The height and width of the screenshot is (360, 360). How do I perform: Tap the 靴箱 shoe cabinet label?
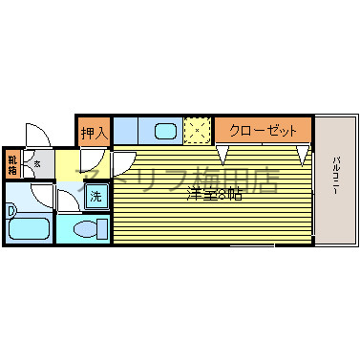point(12,164)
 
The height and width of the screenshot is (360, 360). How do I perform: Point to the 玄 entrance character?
point(37,163)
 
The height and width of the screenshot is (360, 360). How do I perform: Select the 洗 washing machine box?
point(96,197)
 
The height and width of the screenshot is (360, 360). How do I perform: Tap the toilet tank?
point(104,228)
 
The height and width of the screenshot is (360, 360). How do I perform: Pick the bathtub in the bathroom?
point(30,230)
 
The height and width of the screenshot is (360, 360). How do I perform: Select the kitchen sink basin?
point(164,130)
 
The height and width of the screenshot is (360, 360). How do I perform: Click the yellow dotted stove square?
point(198,130)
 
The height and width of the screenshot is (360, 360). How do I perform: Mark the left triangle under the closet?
point(223,153)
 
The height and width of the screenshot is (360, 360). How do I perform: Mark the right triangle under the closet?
point(302,154)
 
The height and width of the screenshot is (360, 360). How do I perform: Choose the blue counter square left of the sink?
point(126,130)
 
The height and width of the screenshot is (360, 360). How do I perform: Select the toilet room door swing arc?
point(69,201)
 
